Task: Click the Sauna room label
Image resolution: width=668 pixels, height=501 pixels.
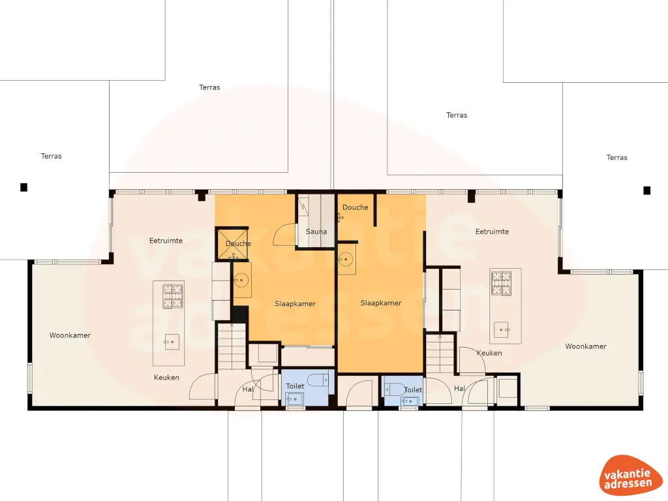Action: (x=316, y=232)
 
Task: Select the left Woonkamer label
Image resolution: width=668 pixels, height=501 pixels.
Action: (x=70, y=335)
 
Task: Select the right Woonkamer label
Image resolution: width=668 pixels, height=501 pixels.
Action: (x=586, y=346)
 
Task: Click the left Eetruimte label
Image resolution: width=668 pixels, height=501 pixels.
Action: (x=166, y=241)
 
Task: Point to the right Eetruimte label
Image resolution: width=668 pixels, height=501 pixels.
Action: (x=492, y=232)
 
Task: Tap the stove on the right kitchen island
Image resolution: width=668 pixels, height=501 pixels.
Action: (x=501, y=282)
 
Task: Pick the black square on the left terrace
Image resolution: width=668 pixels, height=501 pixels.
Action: (x=24, y=187)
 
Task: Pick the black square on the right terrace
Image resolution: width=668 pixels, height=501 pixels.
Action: (x=647, y=190)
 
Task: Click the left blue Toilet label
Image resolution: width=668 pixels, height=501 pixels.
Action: (x=295, y=386)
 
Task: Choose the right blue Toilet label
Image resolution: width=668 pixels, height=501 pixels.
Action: (x=413, y=389)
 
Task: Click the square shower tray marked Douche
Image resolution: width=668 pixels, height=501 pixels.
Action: (x=233, y=243)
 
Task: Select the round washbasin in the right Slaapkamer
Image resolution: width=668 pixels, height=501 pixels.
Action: (x=346, y=260)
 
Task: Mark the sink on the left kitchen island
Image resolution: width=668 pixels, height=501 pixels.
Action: (x=172, y=341)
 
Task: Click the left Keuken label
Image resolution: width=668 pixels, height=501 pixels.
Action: (x=166, y=377)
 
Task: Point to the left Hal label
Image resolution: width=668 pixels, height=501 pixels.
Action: (x=248, y=389)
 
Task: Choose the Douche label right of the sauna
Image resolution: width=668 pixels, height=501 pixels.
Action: (x=356, y=207)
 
